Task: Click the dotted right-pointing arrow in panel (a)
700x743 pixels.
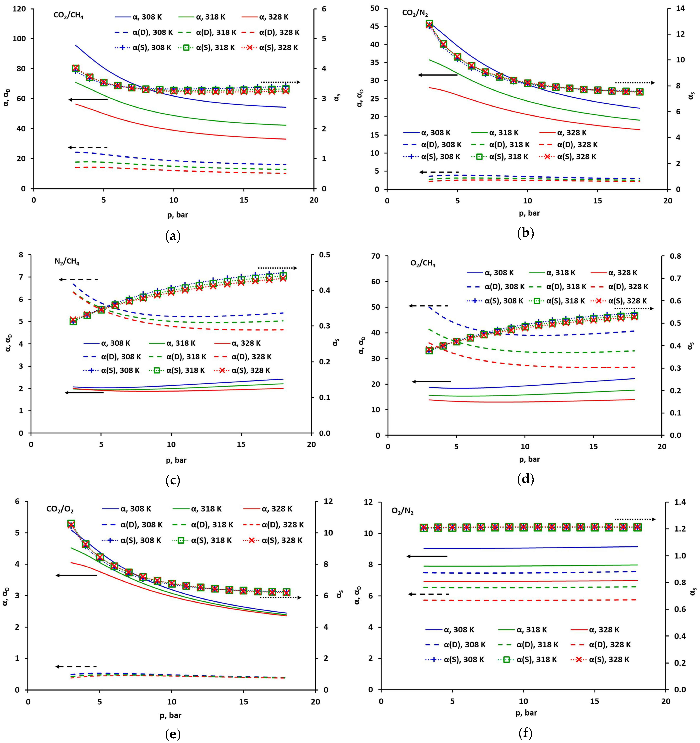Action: point(280,82)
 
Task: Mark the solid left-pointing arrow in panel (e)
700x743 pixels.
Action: point(76,575)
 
